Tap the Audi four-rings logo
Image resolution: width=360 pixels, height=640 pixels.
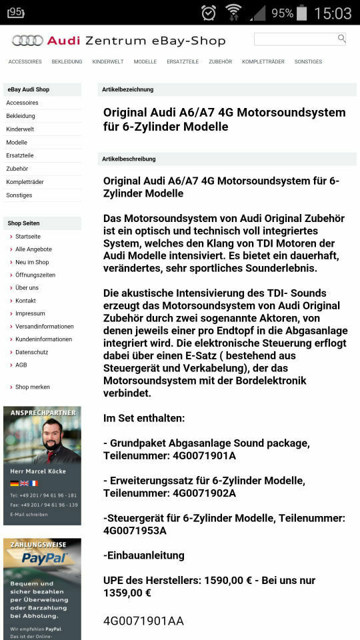click(27, 41)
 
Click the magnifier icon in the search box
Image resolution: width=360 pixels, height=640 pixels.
click(342, 39)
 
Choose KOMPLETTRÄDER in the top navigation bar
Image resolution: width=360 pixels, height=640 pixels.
click(263, 62)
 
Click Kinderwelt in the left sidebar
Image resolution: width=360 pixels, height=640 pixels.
click(20, 129)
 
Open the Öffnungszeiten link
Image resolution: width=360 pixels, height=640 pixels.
click(35, 275)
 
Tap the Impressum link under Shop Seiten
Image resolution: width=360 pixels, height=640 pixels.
click(30, 313)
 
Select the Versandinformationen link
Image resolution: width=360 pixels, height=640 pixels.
click(44, 327)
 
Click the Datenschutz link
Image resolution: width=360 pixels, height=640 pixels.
click(31, 352)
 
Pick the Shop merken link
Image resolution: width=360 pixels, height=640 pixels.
click(33, 387)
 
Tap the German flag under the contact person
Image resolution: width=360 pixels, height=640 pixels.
click(14, 483)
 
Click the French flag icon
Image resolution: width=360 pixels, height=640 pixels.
click(34, 483)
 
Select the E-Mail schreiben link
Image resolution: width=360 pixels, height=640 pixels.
click(29, 515)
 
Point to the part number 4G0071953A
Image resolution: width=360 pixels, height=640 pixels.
click(135, 531)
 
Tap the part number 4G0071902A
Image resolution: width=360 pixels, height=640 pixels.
click(204, 493)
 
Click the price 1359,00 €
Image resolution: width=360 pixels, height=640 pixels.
click(127, 593)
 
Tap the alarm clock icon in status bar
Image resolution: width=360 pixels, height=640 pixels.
click(209, 12)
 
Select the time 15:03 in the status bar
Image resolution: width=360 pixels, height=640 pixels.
click(332, 13)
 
